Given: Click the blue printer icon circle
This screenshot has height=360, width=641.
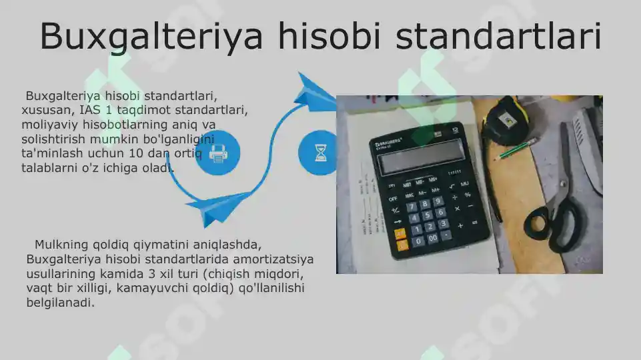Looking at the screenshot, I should tap(217, 154).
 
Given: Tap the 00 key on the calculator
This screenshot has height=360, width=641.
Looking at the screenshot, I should tap(433, 238).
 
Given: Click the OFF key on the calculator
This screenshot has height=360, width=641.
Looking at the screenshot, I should tap(393, 198).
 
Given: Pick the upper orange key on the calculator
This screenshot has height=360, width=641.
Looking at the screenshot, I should tap(400, 233).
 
